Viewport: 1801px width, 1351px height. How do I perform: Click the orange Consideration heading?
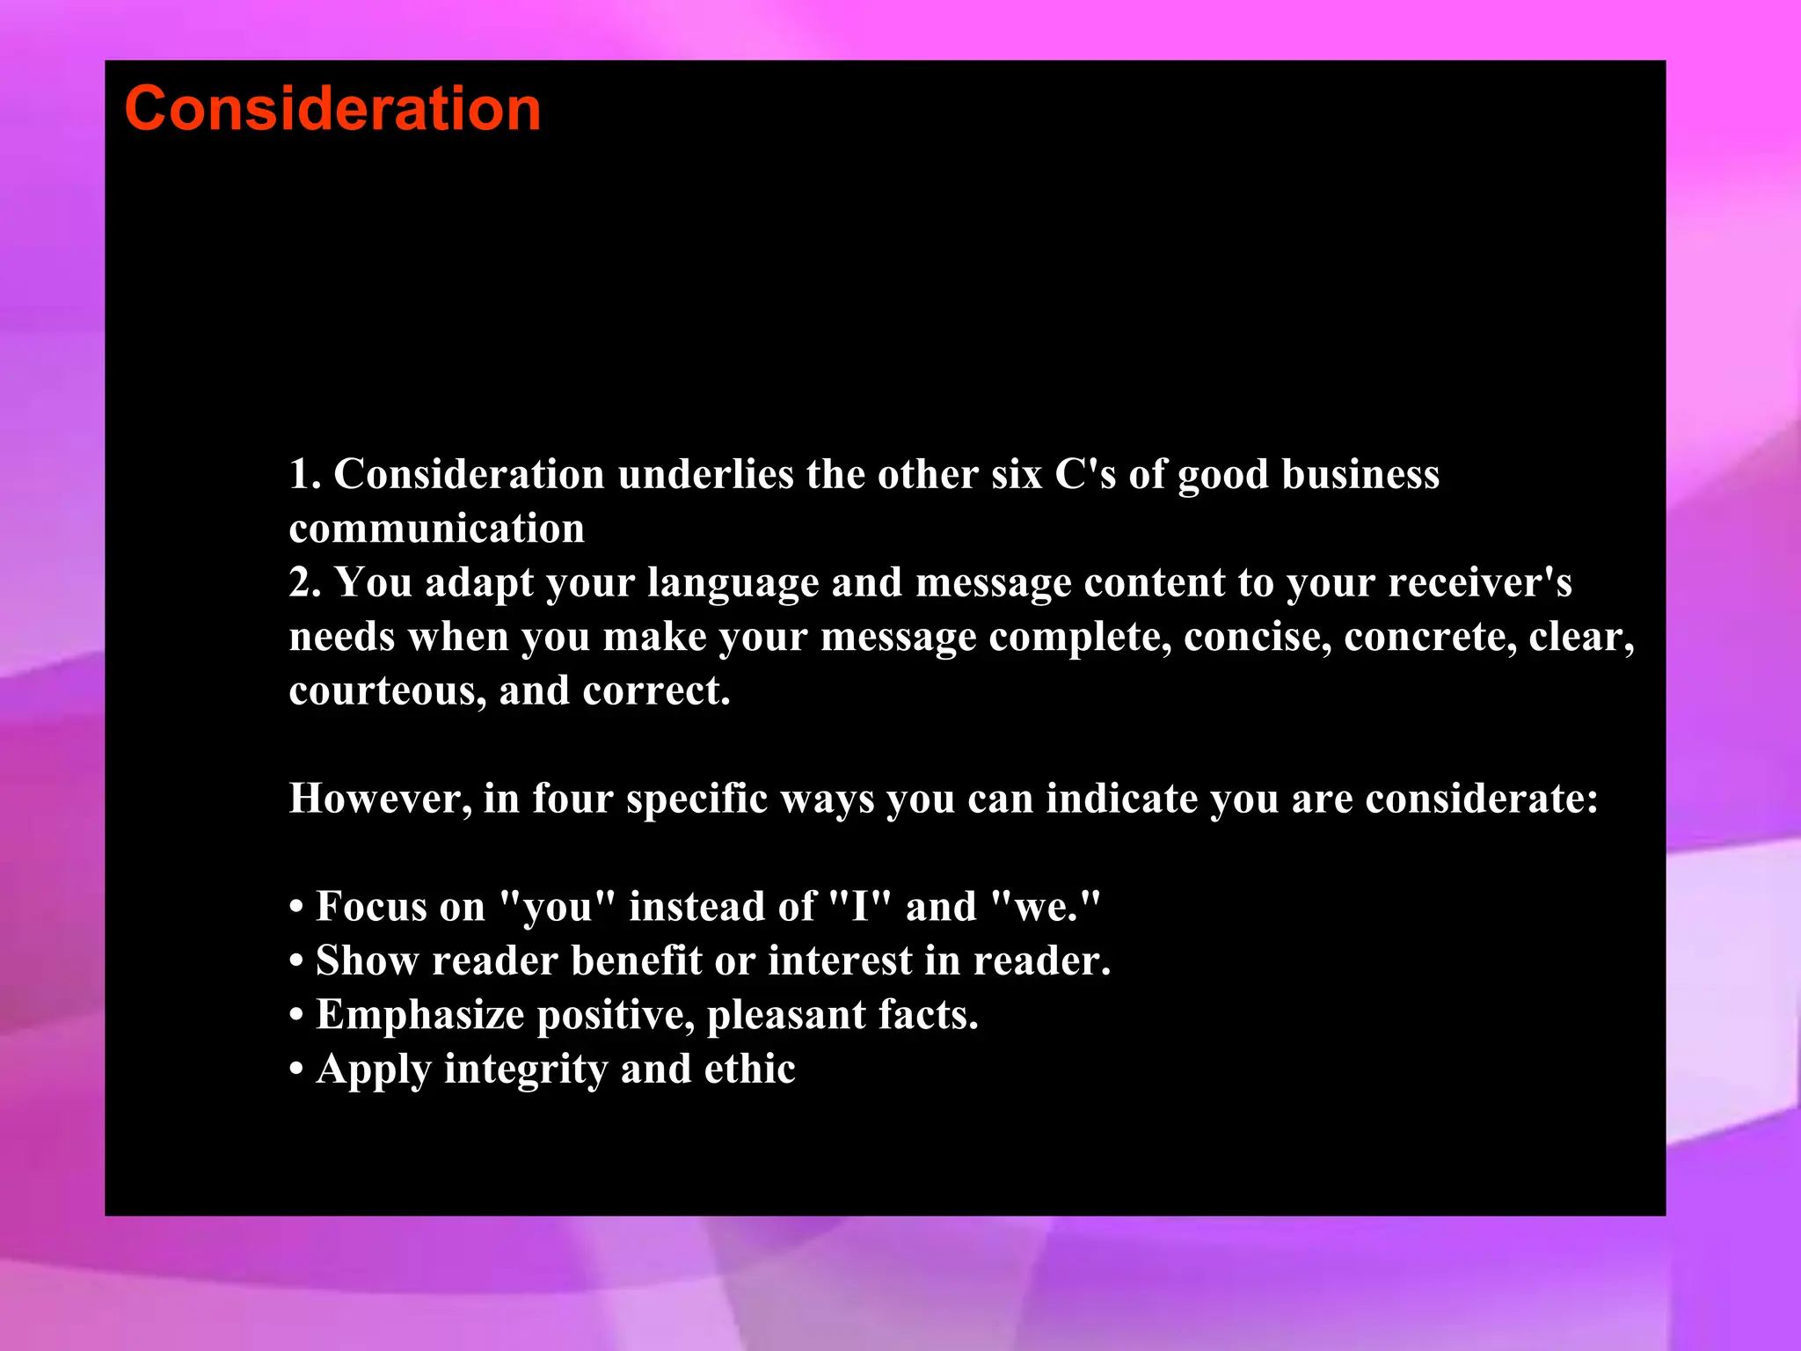(332, 109)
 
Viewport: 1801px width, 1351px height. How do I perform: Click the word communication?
(436, 529)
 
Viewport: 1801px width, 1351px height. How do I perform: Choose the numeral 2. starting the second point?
(304, 583)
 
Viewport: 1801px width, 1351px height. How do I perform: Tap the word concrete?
(1430, 638)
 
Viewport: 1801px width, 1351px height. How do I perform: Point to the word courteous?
(387, 691)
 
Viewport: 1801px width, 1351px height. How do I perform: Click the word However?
(380, 800)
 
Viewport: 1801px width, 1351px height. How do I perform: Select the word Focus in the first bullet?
(400, 907)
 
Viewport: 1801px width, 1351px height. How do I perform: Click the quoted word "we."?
(1045, 907)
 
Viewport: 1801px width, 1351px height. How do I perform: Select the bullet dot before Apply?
(296, 1070)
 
